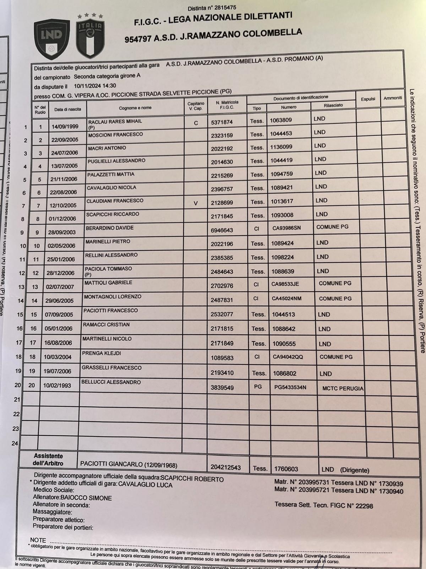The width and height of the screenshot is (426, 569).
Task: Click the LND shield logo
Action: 52,39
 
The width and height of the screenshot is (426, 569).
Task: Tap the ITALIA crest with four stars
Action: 90,37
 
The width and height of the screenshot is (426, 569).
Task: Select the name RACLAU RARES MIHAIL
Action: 115,121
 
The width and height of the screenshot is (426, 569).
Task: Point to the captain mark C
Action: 196,123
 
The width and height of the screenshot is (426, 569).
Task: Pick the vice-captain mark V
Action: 195,203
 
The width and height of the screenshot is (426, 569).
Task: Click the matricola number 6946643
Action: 222,230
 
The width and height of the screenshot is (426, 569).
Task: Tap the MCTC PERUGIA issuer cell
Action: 343,388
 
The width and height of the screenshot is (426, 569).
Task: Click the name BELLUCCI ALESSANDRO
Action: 111,382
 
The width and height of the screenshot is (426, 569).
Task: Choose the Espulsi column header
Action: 368,99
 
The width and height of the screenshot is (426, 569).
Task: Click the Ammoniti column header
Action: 392,98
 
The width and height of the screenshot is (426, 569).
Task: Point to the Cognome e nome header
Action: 135,108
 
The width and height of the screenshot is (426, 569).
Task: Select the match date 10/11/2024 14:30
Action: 95,86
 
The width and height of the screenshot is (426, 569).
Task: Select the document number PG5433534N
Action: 290,387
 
